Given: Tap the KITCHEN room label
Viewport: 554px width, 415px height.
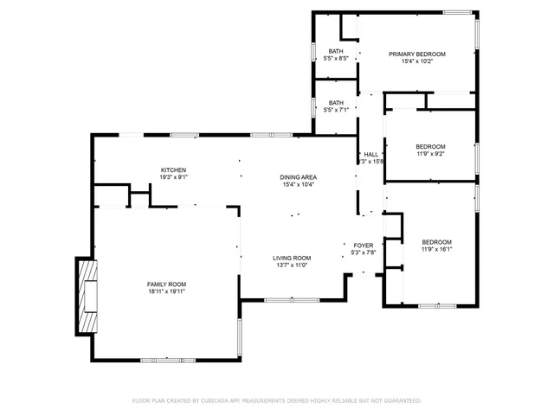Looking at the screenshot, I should [x=173, y=169].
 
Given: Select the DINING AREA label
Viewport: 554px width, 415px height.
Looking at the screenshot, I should [x=297, y=176].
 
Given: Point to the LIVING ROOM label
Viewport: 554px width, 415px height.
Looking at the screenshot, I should [x=293, y=258].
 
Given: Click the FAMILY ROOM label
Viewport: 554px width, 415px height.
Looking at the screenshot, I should [x=166, y=284].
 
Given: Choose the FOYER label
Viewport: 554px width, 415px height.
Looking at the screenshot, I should [x=364, y=246].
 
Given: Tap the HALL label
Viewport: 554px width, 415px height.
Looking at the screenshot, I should [x=370, y=154].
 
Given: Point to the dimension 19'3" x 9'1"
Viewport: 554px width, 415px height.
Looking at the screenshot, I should [x=173, y=177].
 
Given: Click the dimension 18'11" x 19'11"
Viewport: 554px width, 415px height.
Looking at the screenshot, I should [x=166, y=292].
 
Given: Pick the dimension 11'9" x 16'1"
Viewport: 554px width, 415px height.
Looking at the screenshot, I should [x=436, y=250].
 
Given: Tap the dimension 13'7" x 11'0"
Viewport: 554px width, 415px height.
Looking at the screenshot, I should [x=293, y=265].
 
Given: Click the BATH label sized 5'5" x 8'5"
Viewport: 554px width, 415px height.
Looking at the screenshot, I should [x=336, y=51].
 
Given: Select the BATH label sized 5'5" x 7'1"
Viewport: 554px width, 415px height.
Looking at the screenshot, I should [x=336, y=102].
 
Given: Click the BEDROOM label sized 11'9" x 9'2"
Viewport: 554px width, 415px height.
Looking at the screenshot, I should [x=430, y=146].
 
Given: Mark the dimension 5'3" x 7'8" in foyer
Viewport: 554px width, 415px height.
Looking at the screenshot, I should [x=364, y=253].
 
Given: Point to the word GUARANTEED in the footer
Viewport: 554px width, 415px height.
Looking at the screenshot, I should [x=399, y=401].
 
